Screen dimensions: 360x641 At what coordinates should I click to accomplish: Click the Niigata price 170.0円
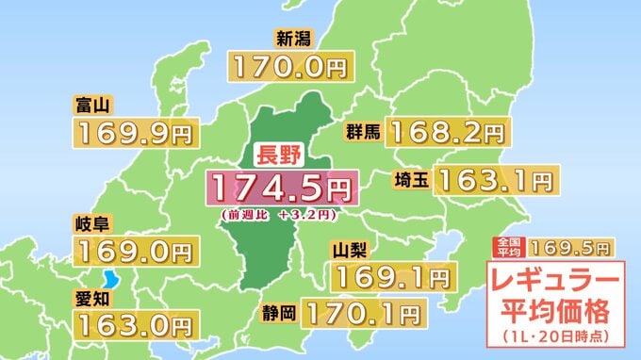point(287,68)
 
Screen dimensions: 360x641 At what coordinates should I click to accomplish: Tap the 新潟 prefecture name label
point(293,40)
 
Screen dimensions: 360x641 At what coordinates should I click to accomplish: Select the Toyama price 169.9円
point(136,134)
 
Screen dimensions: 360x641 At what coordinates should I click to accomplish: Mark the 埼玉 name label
point(415,178)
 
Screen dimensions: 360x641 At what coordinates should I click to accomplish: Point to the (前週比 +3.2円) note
point(280,216)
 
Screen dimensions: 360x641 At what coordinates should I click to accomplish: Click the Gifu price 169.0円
point(136,252)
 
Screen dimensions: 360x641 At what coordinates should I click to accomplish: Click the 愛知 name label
point(93,298)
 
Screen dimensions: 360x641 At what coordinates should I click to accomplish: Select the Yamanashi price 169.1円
point(390,277)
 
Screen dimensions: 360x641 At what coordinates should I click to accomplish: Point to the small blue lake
point(112,281)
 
